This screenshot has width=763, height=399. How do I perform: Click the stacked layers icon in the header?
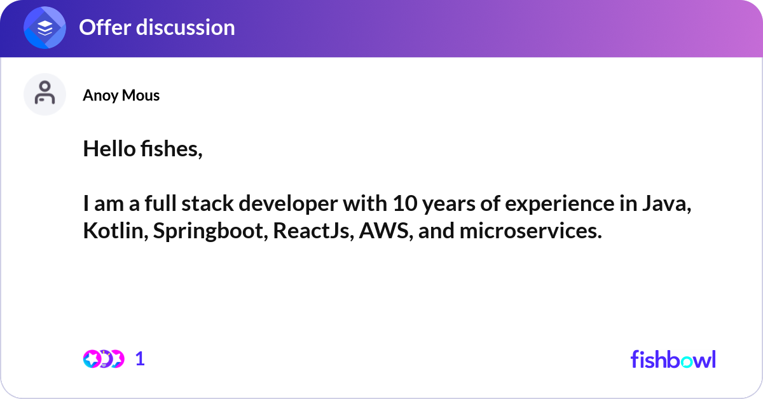[x=45, y=27]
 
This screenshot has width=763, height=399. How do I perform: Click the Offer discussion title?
[x=156, y=27]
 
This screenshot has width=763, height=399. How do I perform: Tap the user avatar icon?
[x=45, y=94]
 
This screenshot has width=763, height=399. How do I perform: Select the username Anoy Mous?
[x=121, y=95]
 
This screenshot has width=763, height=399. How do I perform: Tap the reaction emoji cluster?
[x=103, y=359]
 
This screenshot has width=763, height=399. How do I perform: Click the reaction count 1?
[x=140, y=359]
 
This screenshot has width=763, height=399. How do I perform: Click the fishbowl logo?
[x=673, y=359]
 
